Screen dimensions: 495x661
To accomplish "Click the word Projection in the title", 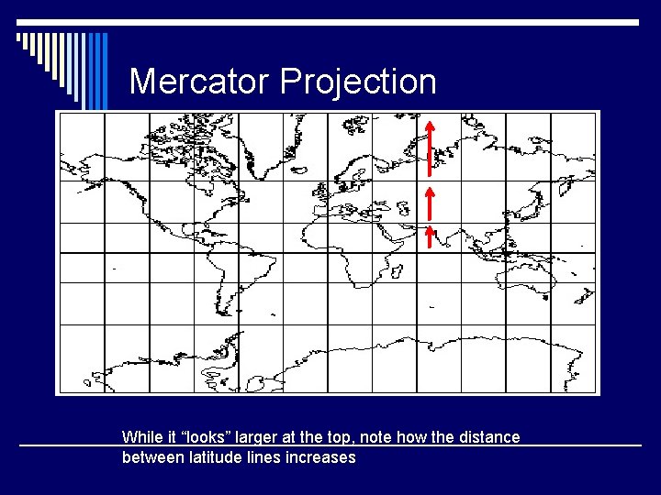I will (x=358, y=82).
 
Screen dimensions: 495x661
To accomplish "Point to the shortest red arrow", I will (x=429, y=238).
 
